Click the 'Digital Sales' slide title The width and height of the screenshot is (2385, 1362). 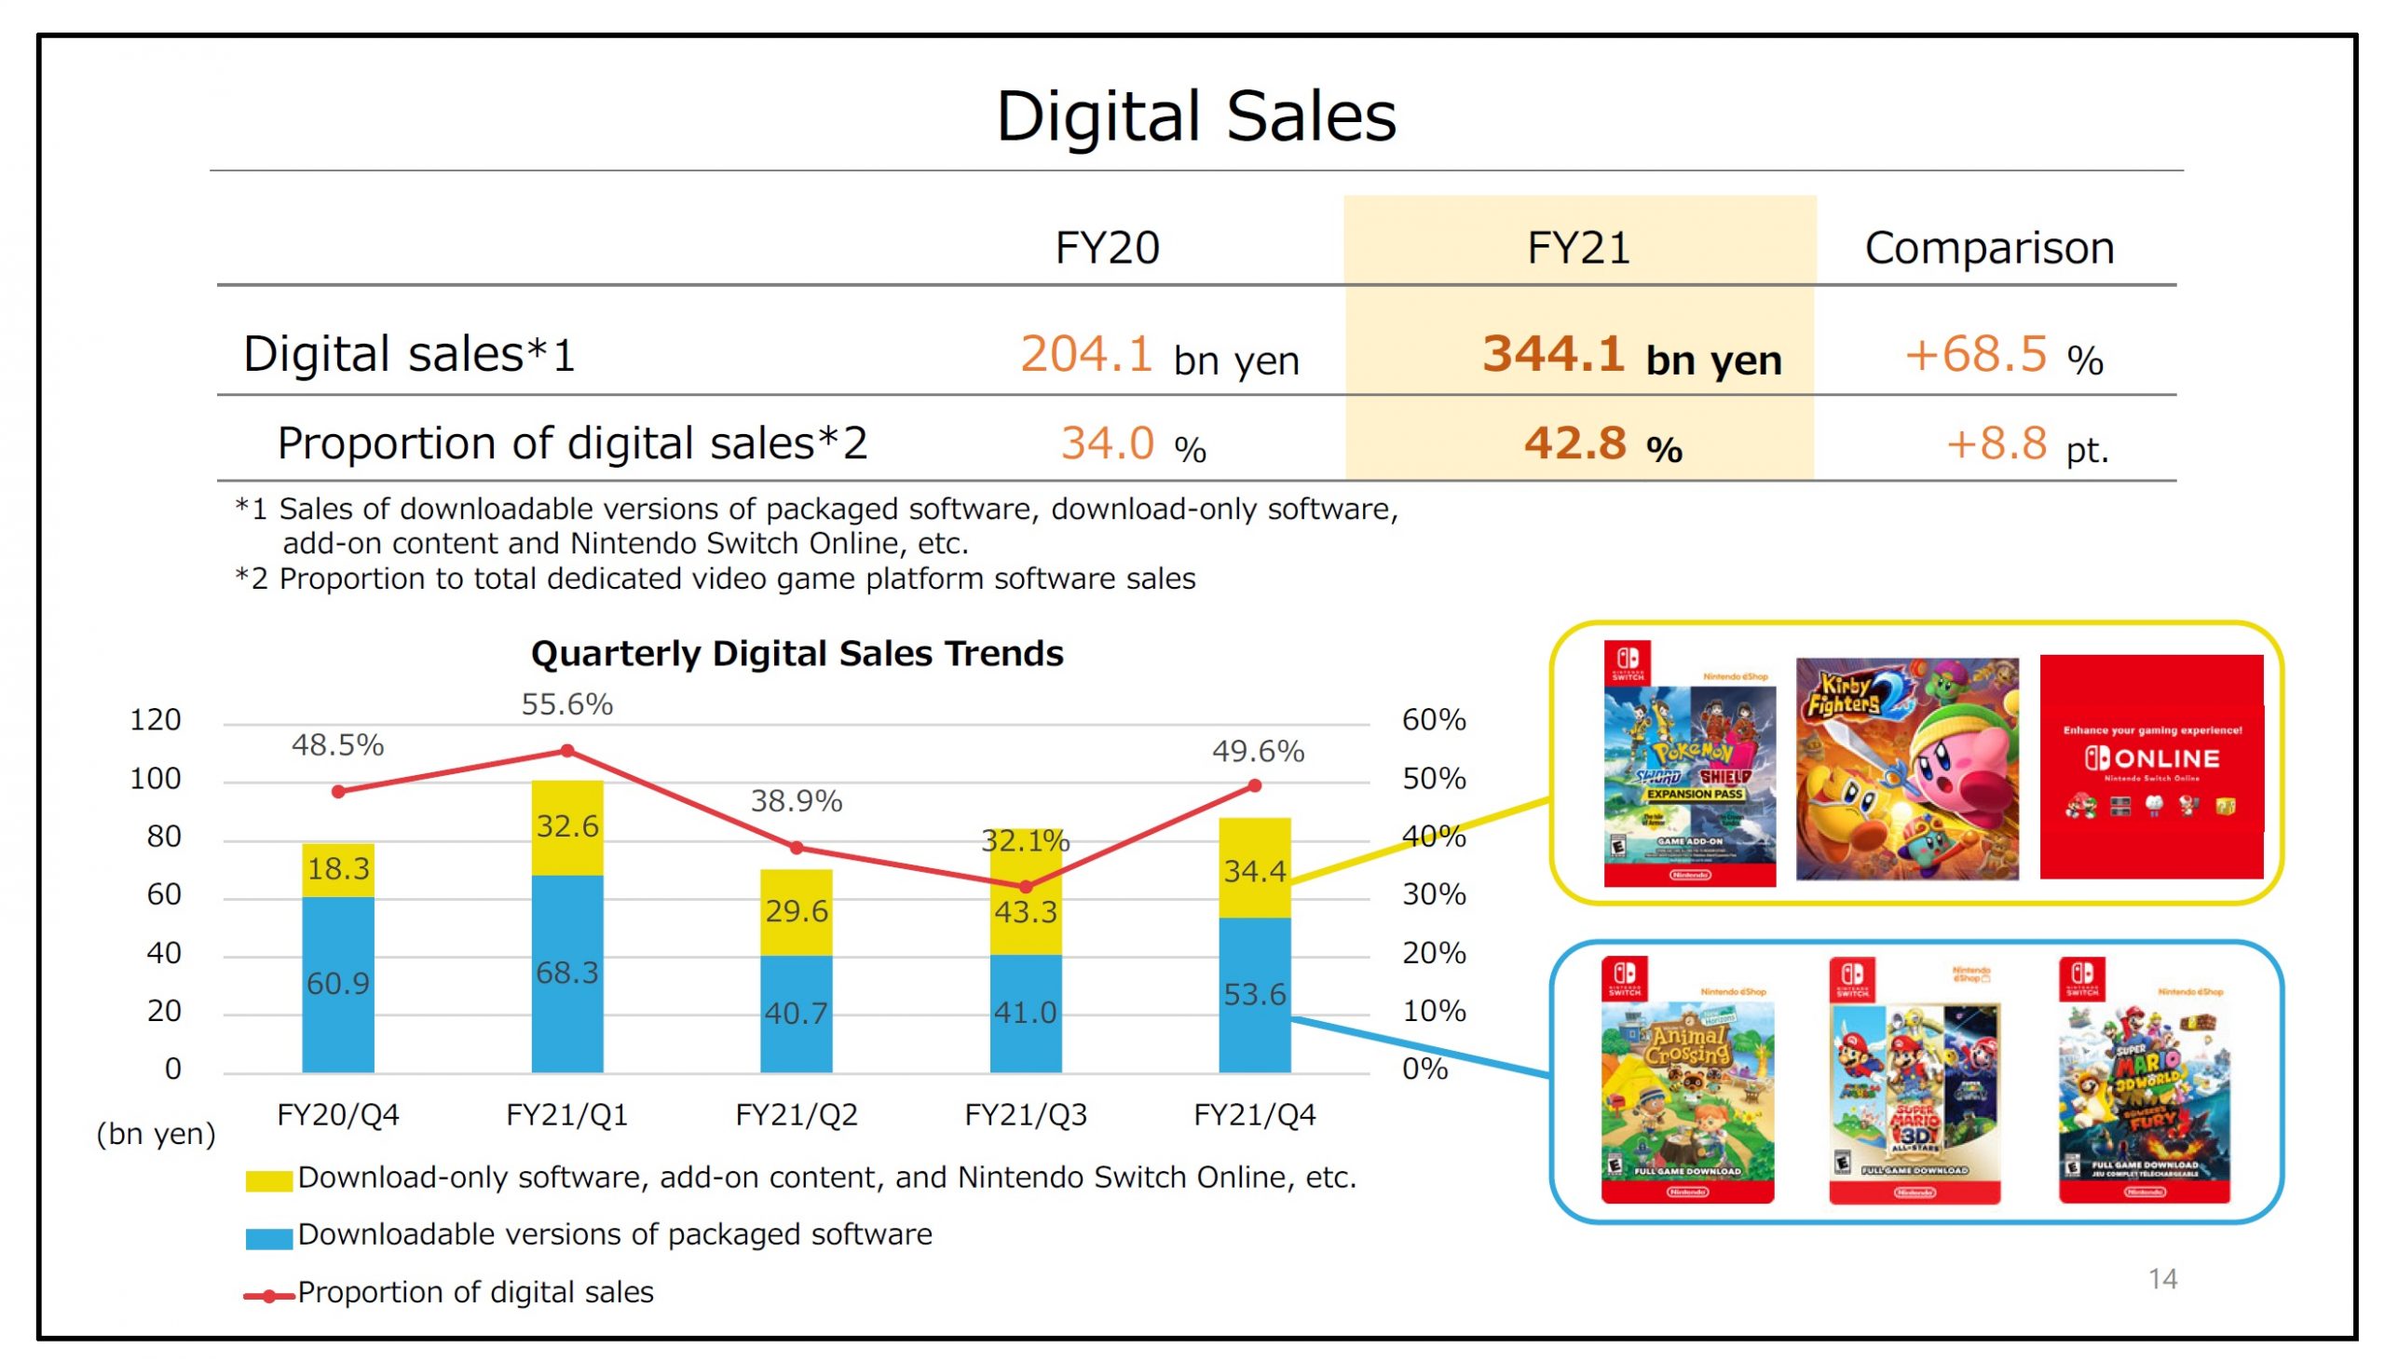coord(1195,117)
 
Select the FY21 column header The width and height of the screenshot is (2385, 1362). coord(1578,248)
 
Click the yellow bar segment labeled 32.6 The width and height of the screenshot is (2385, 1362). coord(566,827)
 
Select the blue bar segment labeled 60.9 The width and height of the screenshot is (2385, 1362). coord(337,984)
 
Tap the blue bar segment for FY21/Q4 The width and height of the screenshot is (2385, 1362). coord(1254,994)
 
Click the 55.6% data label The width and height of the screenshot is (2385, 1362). coord(566,704)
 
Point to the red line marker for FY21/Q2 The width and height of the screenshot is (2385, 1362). coord(796,849)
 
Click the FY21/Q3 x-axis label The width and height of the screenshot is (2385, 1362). coord(1025,1115)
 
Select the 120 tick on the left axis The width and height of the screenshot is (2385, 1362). coord(156,720)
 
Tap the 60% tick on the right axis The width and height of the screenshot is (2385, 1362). coord(1433,720)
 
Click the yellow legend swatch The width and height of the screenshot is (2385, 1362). coord(267,1180)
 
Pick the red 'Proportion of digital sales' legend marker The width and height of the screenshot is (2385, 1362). coord(268,1297)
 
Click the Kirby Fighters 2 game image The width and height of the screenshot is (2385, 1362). coord(1906,769)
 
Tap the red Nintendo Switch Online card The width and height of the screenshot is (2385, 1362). coord(2150,767)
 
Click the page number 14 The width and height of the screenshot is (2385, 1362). coord(2161,1279)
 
